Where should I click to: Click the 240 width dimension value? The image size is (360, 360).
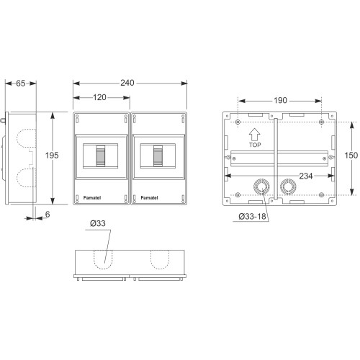(x=127, y=83)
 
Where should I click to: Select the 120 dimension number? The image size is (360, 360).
(x=99, y=97)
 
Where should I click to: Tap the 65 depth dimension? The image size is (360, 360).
(x=21, y=84)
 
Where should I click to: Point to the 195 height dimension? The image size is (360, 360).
(x=52, y=156)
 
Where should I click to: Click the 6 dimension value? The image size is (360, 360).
(x=48, y=215)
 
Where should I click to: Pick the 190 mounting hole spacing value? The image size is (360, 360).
(x=280, y=100)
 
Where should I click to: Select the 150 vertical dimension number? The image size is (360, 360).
(x=351, y=156)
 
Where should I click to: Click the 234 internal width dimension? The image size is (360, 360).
(x=306, y=176)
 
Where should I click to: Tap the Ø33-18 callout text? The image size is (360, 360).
(x=252, y=217)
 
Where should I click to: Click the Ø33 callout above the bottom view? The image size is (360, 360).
(x=98, y=223)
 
